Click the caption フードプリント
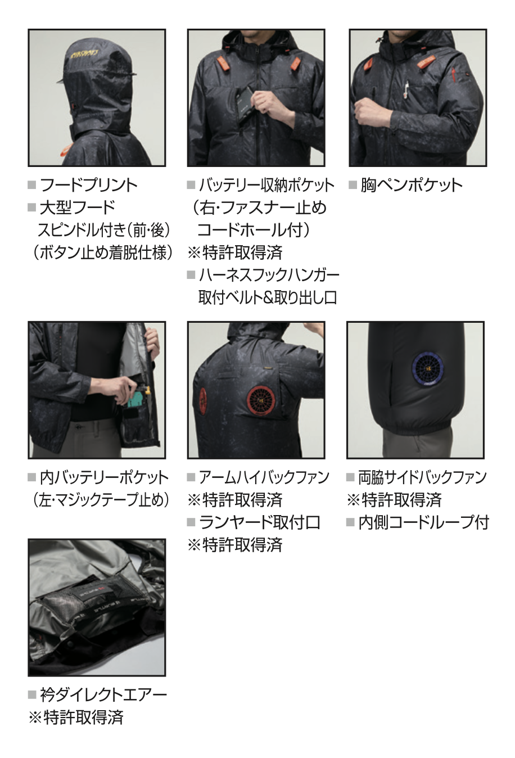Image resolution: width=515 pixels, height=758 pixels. tap(89, 185)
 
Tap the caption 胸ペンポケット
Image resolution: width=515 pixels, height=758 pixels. tap(412, 185)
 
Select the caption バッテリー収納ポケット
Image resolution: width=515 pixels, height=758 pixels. tap(266, 185)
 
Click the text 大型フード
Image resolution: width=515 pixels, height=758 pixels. tap(78, 207)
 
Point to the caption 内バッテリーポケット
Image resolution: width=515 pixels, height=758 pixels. tap(104, 477)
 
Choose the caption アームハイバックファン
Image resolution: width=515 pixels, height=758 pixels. tap(264, 477)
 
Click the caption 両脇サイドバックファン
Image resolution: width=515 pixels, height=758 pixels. tap(422, 477)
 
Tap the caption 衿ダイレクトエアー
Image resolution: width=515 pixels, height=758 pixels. tap(103, 695)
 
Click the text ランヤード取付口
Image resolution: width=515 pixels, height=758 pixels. tap(260, 522)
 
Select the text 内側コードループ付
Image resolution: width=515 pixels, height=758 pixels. tap(424, 522)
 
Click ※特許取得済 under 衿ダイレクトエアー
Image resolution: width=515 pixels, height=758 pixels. tap(76, 718)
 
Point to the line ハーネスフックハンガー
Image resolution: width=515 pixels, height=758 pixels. tap(269, 275)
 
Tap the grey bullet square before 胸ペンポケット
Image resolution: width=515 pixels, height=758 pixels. tap(353, 185)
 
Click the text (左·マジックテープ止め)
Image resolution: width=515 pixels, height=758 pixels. tap(101, 500)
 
